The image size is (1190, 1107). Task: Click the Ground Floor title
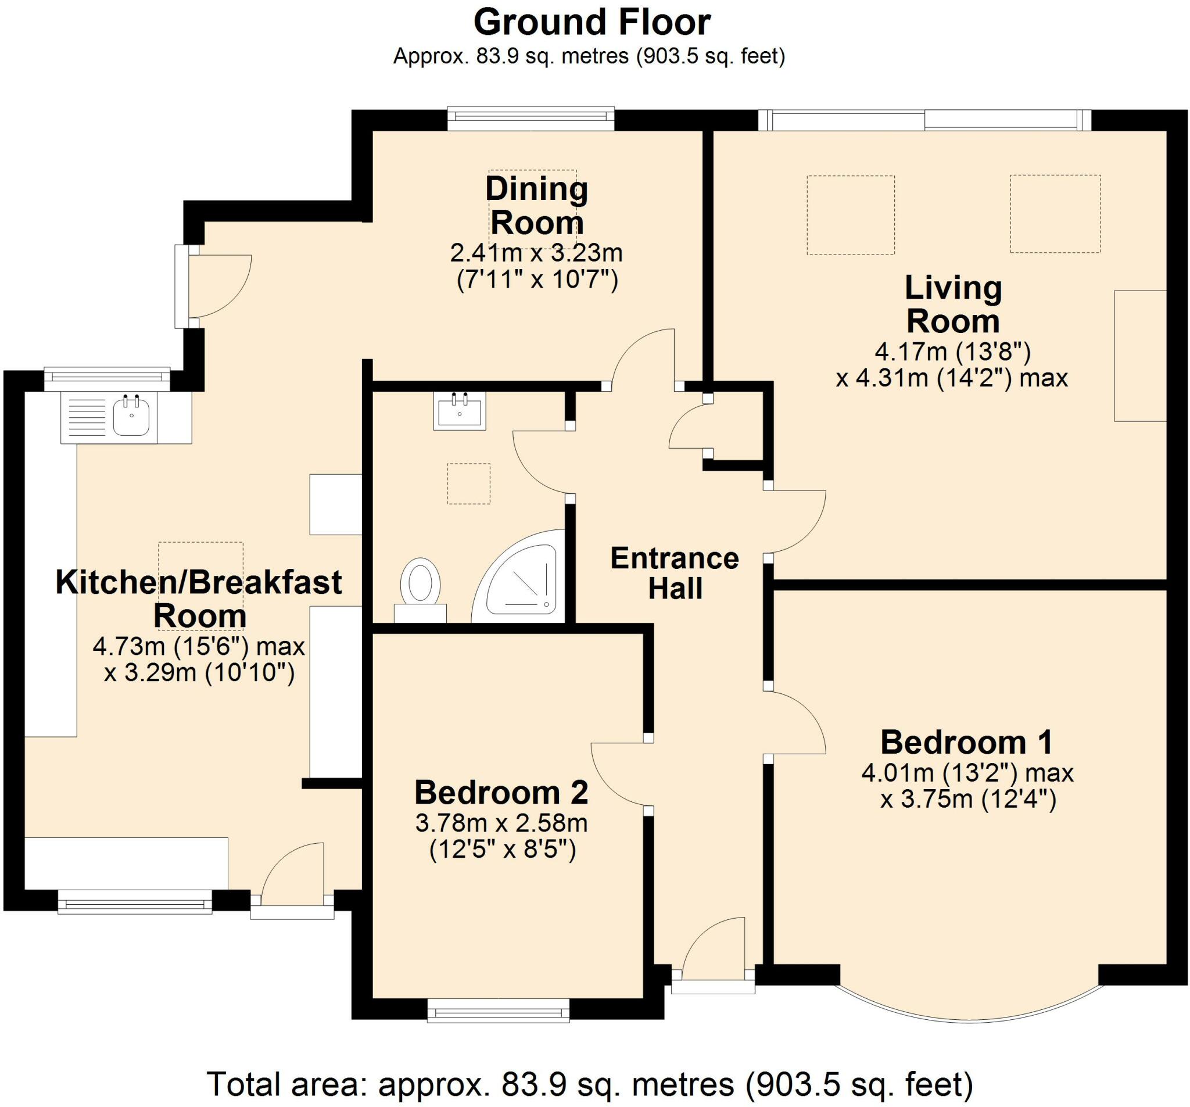tap(592, 23)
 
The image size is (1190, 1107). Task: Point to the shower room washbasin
tap(460, 411)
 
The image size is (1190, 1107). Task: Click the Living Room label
tap(953, 304)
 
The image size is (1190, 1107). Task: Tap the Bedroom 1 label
tap(966, 743)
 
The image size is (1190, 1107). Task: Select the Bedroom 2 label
tap(501, 793)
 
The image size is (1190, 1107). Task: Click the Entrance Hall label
tap(675, 573)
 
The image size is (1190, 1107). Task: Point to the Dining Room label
tap(537, 205)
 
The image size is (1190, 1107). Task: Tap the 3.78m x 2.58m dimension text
tap(501, 823)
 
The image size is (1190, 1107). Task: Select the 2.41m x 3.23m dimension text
tap(536, 253)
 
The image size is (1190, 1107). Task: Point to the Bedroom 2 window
tap(498, 1011)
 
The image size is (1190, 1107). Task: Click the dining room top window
tap(531, 119)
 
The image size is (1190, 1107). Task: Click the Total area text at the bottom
tap(590, 1084)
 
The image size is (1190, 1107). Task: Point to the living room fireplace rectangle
tap(1140, 356)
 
